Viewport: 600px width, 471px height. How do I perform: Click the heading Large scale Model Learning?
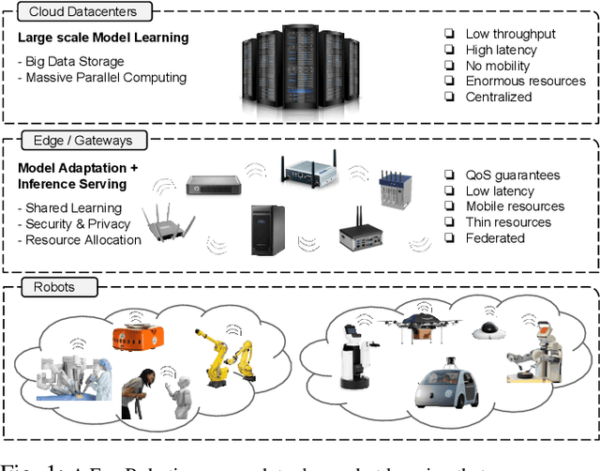pyautogui.click(x=103, y=38)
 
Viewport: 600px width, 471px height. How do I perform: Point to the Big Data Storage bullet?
pyautogui.click(x=72, y=61)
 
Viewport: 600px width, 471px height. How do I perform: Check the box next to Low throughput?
pyautogui.click(x=449, y=35)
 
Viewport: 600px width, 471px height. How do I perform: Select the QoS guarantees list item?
pyautogui.click(x=513, y=175)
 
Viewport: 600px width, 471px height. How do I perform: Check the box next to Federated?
pyautogui.click(x=449, y=238)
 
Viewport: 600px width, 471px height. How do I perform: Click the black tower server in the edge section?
pyautogui.click(x=266, y=230)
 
